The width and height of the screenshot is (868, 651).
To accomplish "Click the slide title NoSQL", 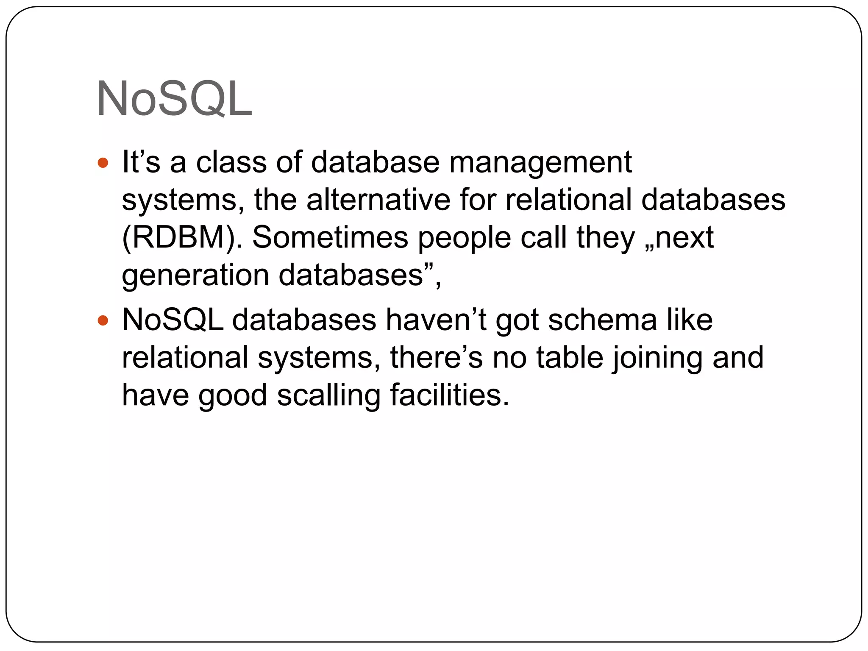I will point(174,99).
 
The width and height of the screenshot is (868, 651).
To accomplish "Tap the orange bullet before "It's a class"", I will point(103,162).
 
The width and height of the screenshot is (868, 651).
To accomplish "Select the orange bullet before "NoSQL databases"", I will point(103,320).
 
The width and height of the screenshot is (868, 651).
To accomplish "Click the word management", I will point(540,163).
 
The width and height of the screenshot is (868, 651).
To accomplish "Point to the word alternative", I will point(378,200).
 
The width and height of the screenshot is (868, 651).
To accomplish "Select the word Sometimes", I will point(330,237).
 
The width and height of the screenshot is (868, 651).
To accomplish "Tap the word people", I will point(465,238).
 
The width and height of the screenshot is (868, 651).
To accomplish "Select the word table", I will point(570,357).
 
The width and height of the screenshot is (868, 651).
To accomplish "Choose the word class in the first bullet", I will point(231,162).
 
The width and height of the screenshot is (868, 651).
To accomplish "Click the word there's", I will point(436,357).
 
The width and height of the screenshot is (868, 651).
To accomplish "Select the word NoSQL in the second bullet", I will point(172,320).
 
